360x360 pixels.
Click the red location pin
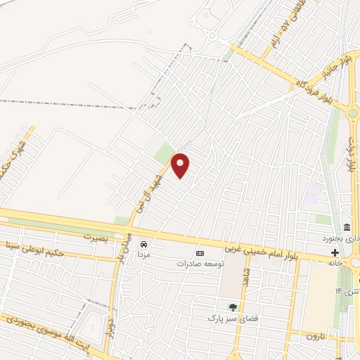coord(181,165)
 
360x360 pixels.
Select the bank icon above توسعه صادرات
coord(200,253)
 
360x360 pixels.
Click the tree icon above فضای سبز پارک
coord(232,307)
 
